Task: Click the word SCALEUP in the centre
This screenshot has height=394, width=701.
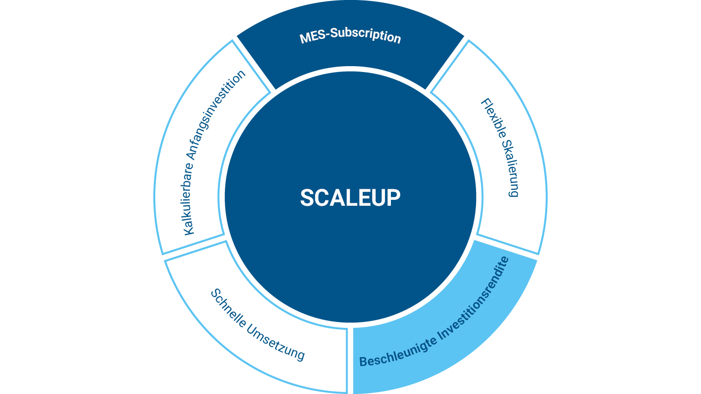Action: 350,197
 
